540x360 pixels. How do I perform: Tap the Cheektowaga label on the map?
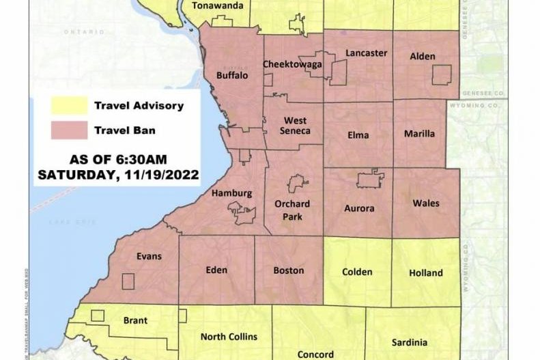(292, 64)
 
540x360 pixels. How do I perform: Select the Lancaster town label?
(366, 53)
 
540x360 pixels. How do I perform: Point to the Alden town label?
(422, 56)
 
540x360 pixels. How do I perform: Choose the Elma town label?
(358, 135)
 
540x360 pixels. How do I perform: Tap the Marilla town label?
(419, 133)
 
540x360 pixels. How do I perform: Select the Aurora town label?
(360, 208)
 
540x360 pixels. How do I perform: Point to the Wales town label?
(426, 203)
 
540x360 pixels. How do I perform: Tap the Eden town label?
(216, 270)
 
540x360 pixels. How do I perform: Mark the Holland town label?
(425, 273)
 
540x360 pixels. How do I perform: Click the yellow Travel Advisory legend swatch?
(68, 105)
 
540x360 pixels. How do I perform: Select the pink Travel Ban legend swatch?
(68, 129)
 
